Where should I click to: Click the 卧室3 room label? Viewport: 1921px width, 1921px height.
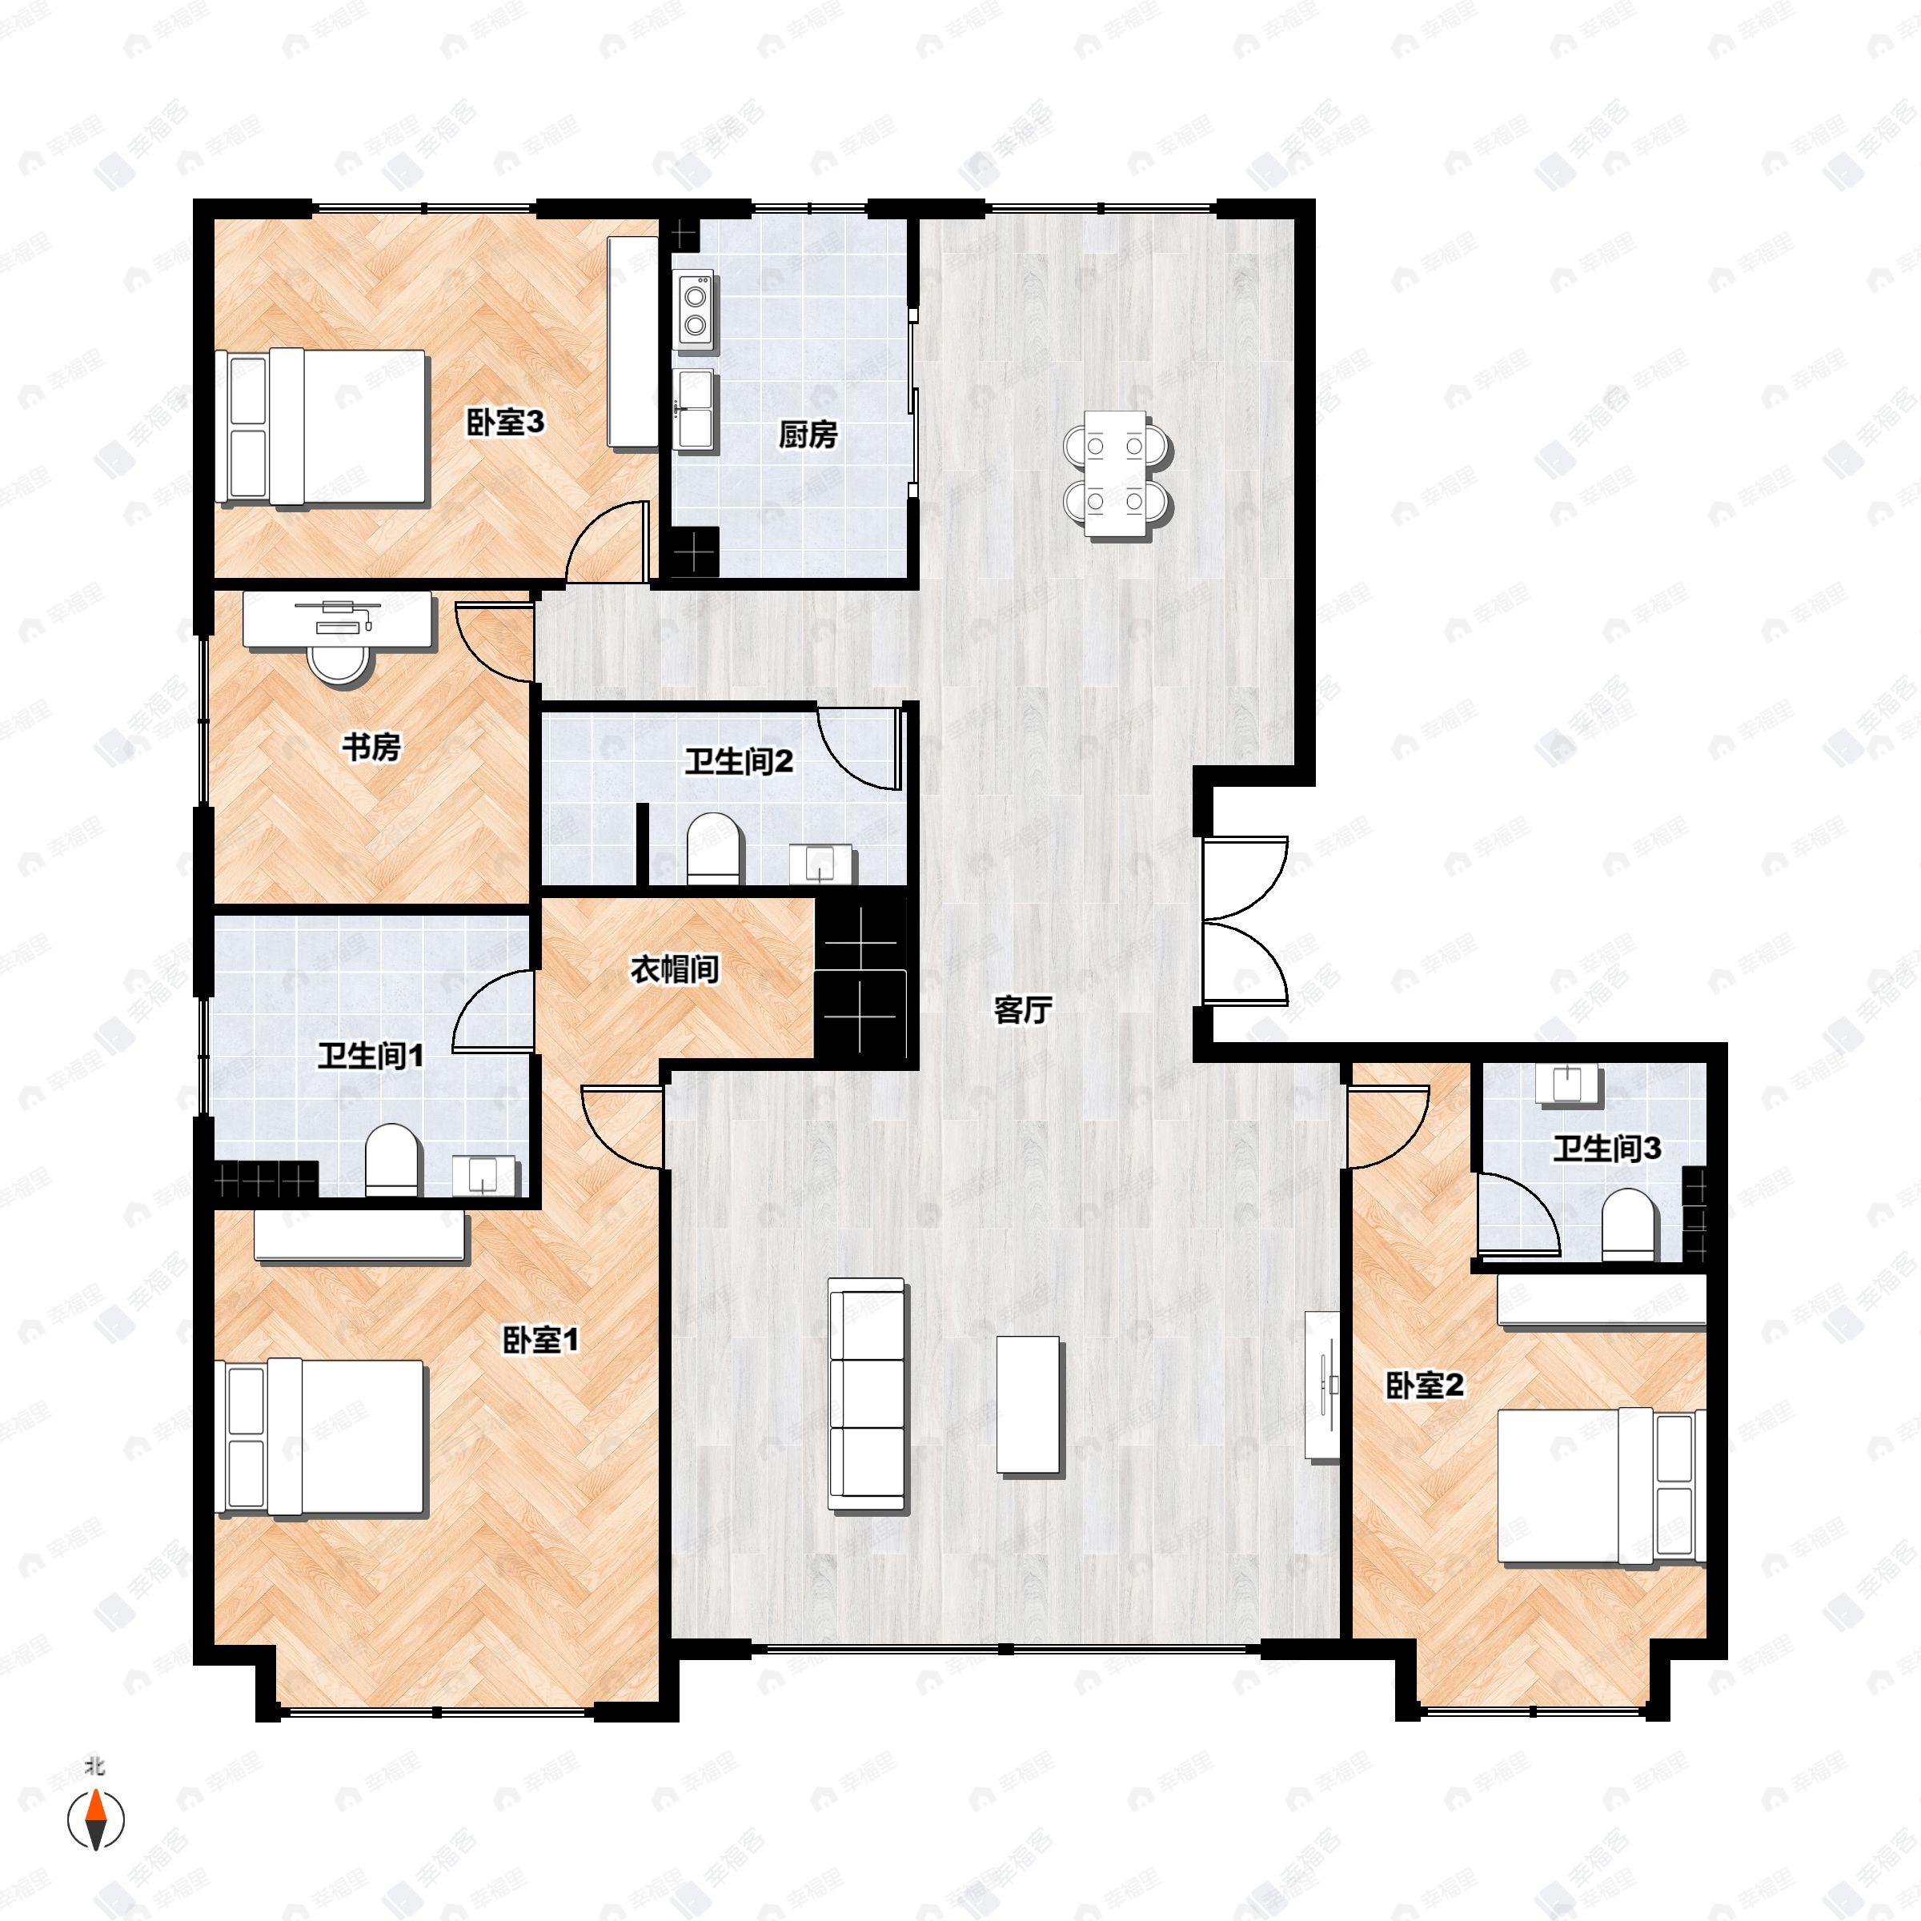[505, 423]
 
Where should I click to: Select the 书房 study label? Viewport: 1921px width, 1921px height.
[372, 747]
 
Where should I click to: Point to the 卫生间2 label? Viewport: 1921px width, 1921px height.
[739, 763]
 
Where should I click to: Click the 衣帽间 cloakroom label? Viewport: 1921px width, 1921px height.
[675, 969]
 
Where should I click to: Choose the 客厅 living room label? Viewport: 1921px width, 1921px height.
[1023, 1011]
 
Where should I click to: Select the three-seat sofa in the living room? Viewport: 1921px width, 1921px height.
[868, 1409]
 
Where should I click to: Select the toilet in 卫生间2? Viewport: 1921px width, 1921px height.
[715, 848]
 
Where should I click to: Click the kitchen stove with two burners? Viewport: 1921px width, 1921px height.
[695, 308]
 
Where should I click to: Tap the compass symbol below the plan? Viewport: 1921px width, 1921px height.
[95, 1819]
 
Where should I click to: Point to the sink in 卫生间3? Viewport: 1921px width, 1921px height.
[1566, 1083]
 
